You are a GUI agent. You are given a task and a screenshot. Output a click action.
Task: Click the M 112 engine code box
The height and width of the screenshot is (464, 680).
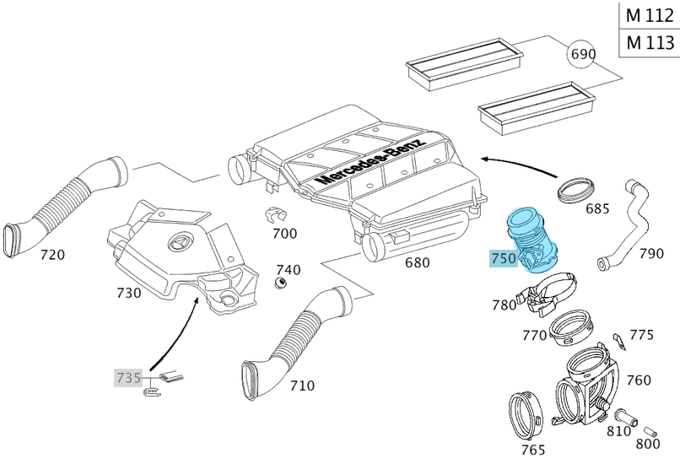[x=650, y=14]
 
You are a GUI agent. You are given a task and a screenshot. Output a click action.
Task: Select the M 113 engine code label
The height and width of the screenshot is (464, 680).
[x=650, y=42]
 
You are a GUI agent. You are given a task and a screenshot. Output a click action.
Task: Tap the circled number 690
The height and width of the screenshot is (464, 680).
[x=582, y=55]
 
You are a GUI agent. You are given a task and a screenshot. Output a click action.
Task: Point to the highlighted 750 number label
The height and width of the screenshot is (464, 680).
[x=503, y=259]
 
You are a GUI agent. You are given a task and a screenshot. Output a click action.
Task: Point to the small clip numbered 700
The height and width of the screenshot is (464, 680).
[x=276, y=215]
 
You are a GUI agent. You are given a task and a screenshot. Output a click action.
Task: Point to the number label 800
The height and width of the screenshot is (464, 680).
[x=648, y=443]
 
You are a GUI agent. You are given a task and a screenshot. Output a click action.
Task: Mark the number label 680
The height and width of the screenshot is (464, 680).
[x=418, y=262]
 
